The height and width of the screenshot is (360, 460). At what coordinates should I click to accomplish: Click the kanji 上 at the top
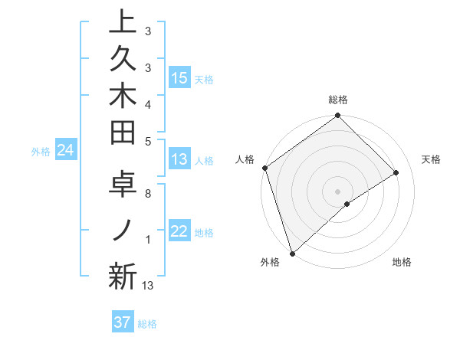click(x=123, y=23)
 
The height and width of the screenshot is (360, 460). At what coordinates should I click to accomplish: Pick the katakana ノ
click(x=123, y=231)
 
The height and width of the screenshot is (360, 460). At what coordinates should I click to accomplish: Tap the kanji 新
click(x=123, y=276)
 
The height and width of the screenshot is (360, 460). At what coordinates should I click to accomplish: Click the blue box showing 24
click(x=66, y=151)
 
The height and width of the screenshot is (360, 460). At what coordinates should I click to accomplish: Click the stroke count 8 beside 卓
click(x=148, y=194)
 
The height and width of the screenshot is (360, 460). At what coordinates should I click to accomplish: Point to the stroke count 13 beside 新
click(x=148, y=286)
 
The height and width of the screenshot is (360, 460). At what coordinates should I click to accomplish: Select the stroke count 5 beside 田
click(x=148, y=141)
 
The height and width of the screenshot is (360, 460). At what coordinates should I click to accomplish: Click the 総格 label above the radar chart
click(x=338, y=100)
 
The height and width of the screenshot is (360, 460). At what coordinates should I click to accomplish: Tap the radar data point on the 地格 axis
click(x=347, y=204)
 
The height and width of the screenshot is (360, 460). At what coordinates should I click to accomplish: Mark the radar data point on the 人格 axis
click(x=264, y=169)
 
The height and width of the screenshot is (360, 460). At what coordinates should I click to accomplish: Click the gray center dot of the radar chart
click(x=337, y=191)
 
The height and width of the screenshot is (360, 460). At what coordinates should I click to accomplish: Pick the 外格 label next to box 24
click(x=41, y=152)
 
